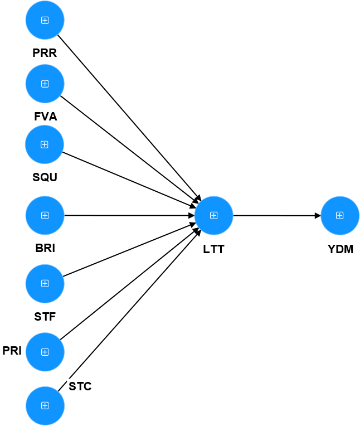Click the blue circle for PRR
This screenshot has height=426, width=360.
coord(45,21)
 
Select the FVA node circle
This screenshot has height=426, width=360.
coord(45,84)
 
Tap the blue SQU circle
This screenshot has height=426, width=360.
coord(45,144)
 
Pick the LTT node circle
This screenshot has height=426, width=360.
coord(213,215)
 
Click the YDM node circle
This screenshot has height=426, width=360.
coord(340,216)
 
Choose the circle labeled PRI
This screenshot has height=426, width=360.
coord(45,352)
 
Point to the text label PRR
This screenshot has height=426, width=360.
coord(45,55)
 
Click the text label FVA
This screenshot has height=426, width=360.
coord(45,117)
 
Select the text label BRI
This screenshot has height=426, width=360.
coord(45,249)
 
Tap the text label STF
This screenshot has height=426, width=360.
coord(45,317)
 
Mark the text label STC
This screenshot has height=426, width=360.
coord(80,386)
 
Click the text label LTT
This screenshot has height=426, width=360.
coord(213,249)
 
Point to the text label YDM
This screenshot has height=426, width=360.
coord(340,249)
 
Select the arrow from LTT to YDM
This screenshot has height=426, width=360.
coord(276,215)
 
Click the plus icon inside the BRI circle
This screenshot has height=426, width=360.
coord(45,215)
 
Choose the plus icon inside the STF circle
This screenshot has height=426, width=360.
coord(45,283)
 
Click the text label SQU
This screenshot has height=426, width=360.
coord(45,177)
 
